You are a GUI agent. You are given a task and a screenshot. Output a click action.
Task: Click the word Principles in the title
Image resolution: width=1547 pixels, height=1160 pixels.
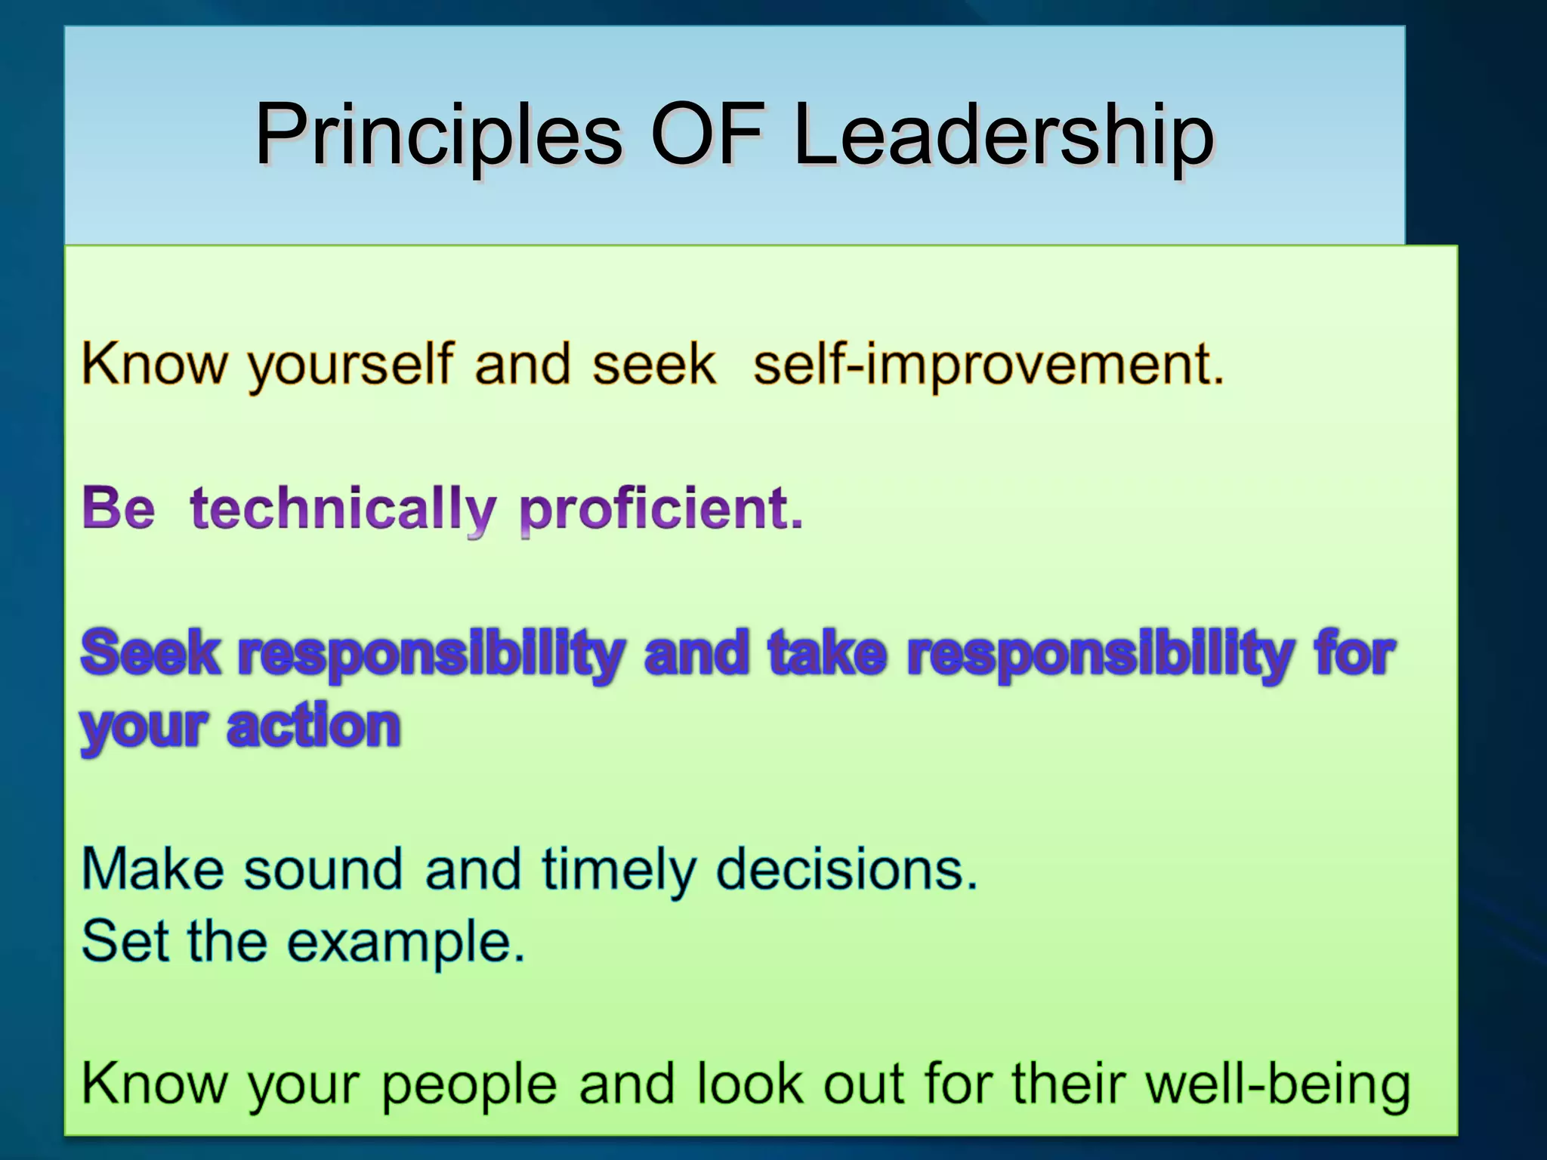[x=438, y=136]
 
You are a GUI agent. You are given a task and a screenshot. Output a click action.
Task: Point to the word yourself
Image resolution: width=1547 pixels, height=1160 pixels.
[x=351, y=366]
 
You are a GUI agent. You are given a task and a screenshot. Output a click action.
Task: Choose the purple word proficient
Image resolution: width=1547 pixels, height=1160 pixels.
[x=661, y=510]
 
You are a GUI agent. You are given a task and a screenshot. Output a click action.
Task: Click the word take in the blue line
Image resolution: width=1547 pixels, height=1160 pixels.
[x=827, y=652]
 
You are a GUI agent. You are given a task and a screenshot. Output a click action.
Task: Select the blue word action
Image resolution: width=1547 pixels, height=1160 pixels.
[x=313, y=727]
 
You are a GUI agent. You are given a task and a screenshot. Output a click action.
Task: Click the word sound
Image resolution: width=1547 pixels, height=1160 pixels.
[x=323, y=869]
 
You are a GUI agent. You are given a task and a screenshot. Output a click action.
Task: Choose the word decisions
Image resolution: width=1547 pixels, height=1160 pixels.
[x=846, y=869]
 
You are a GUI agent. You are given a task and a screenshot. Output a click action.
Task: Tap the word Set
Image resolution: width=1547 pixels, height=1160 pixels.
[x=125, y=941]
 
